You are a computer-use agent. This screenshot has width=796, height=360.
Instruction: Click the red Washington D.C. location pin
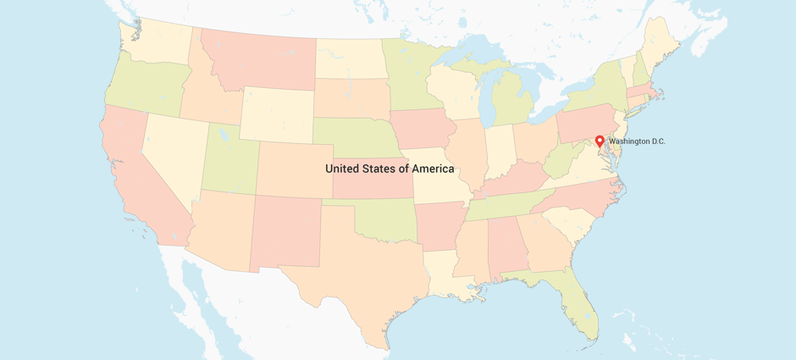(x=600, y=141)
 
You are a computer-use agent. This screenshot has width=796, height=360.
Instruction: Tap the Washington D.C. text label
(x=637, y=141)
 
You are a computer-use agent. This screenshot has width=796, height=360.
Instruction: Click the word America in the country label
(x=428, y=169)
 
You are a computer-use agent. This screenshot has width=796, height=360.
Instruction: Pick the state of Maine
(x=661, y=42)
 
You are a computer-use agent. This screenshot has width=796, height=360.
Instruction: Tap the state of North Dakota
(x=348, y=58)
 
